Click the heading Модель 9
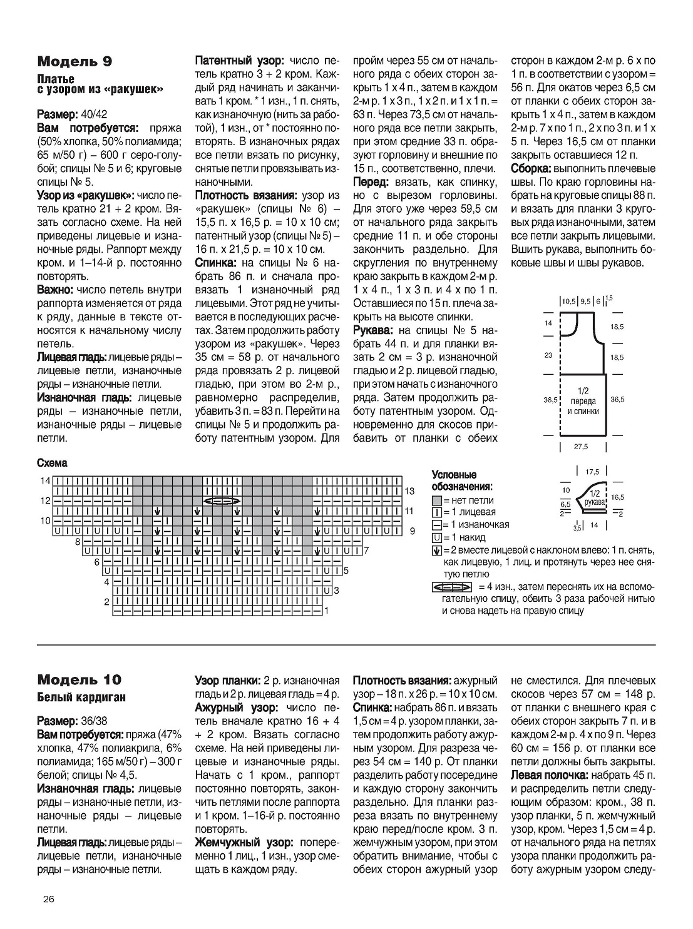point(75,61)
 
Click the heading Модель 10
point(80,679)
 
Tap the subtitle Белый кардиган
point(81,697)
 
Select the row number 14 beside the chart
point(45,480)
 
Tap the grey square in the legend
point(436,500)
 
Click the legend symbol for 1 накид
point(436,537)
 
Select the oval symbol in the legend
point(451,587)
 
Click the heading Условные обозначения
point(462,480)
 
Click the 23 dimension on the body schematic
point(548,355)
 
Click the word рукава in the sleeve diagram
point(593,502)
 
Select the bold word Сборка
point(531,168)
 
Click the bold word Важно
point(54,290)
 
